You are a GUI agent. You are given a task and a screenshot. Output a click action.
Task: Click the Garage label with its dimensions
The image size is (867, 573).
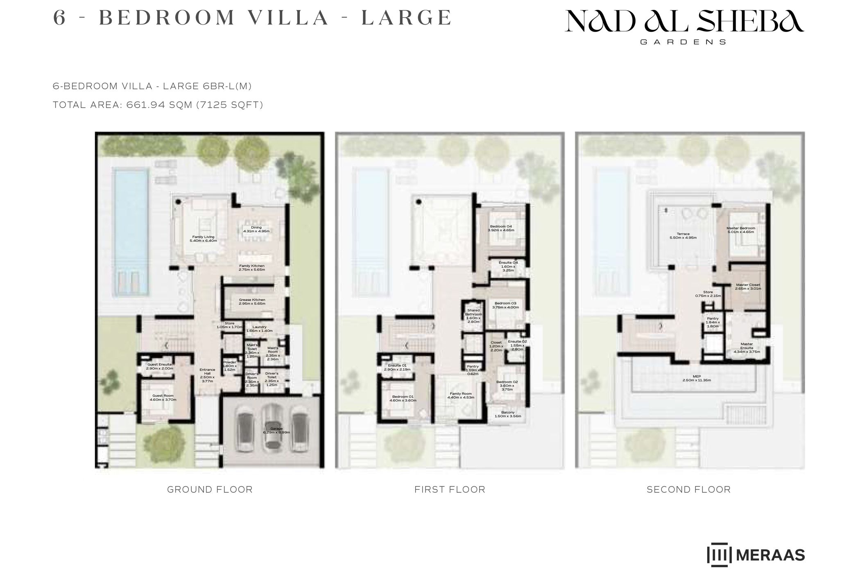[276, 430]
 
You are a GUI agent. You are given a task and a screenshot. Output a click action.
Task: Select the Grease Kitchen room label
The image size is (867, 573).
[252, 302]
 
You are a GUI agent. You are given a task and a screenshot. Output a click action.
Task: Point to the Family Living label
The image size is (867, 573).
[204, 239]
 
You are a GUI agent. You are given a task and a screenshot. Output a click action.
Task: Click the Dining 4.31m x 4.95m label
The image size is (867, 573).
[256, 229]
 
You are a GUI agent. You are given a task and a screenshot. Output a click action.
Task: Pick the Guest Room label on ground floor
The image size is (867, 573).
[163, 397]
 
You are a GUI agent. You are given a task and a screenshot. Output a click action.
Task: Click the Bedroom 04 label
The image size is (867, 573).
[501, 228]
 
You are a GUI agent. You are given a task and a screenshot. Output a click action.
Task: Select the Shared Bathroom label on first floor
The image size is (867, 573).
[473, 316]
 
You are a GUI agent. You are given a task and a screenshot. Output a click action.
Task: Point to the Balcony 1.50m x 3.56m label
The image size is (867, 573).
[508, 414]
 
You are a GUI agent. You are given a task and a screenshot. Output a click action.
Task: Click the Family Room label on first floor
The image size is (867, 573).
[461, 395]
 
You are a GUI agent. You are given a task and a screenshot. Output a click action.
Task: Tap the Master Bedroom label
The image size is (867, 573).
[741, 230]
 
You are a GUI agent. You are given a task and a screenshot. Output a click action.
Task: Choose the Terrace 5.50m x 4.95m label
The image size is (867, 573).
[683, 236]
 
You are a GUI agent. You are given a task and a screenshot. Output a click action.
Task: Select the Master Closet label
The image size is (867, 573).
[748, 286]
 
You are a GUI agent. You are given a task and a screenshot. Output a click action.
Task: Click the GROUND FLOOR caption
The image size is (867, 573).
[210, 490]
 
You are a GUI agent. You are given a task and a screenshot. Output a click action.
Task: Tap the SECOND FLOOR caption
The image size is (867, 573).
[688, 490]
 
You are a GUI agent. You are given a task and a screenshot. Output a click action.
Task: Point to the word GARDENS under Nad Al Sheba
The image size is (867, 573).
[683, 42]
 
